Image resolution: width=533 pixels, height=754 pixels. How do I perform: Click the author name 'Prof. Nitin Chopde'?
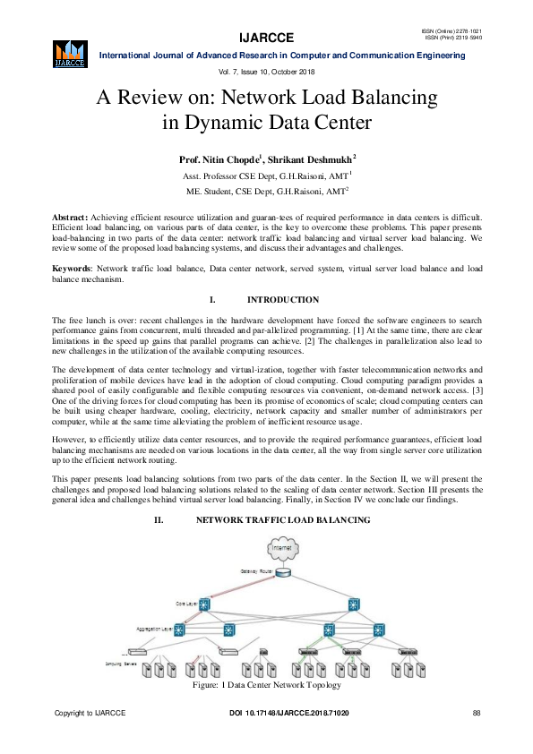(x=219, y=159)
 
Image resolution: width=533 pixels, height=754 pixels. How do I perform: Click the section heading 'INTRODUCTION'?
(x=283, y=299)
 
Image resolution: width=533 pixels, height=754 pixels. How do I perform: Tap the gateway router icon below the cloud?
(x=283, y=571)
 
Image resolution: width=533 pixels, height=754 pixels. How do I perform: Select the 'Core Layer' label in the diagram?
(x=160, y=603)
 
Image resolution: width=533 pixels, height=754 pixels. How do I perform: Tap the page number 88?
(x=477, y=714)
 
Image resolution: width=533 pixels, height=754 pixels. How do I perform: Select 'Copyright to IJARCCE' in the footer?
(x=90, y=714)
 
